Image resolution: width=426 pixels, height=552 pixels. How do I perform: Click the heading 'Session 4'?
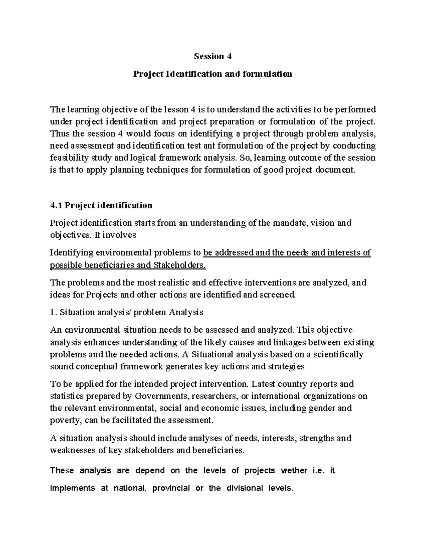pos(212,57)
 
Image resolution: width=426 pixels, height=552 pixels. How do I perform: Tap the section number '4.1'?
pos(56,205)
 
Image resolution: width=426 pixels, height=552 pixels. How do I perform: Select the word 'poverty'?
pos(62,420)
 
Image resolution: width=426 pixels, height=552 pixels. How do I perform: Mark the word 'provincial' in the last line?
pos(171,488)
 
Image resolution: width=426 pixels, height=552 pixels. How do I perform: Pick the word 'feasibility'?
pos(66,157)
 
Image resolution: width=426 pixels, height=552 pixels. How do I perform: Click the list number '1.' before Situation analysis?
pos(53,312)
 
